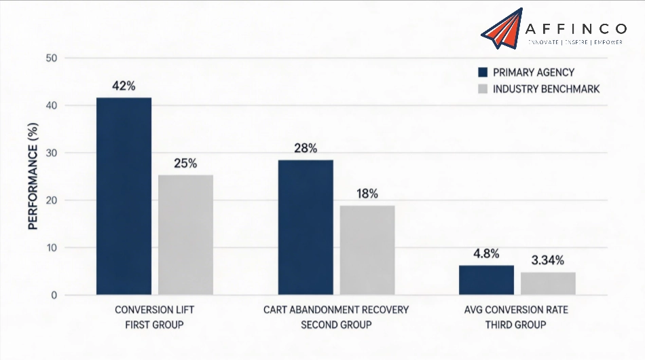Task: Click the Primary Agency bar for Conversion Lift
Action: click(x=124, y=196)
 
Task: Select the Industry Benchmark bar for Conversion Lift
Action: click(x=185, y=235)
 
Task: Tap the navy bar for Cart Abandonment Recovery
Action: click(x=306, y=228)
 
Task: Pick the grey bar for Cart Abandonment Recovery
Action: click(x=367, y=250)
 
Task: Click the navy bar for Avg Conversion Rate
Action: click(x=487, y=280)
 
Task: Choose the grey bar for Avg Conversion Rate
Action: click(x=549, y=283)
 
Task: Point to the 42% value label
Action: click(x=124, y=86)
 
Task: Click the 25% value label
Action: click(x=185, y=164)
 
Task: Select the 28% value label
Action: click(x=306, y=149)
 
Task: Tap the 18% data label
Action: click(x=367, y=194)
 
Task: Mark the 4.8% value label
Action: click(x=487, y=254)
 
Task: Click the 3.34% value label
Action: click(x=549, y=260)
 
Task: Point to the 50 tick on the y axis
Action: click(x=51, y=58)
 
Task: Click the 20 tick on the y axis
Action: click(x=51, y=200)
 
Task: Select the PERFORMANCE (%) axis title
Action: click(x=33, y=177)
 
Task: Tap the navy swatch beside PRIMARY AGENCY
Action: click(x=483, y=73)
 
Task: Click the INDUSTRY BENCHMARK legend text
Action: click(x=546, y=89)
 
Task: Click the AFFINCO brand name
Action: click(x=576, y=29)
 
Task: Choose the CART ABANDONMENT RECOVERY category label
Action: click(x=336, y=310)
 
